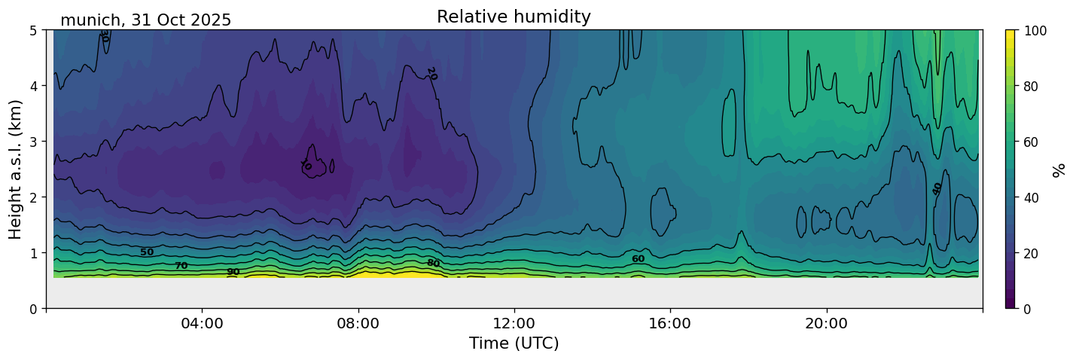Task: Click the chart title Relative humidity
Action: (x=514, y=17)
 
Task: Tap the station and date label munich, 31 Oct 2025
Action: (x=145, y=20)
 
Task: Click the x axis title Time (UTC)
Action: (x=514, y=343)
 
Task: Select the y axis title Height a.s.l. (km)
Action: (x=16, y=169)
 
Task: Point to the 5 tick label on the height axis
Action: (x=33, y=30)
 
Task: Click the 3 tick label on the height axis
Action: (x=33, y=142)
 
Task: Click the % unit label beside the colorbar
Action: (x=1059, y=169)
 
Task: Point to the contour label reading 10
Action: (x=306, y=165)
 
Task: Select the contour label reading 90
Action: (x=233, y=272)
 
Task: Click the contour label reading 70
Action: (x=181, y=266)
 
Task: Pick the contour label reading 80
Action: (x=433, y=263)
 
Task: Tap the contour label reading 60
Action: (x=638, y=259)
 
